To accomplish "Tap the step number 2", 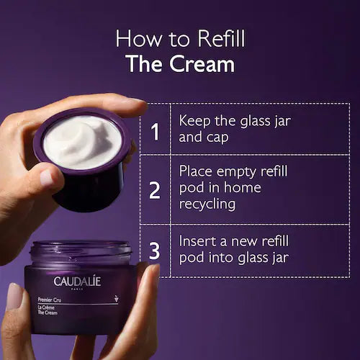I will pyautogui.click(x=154, y=190).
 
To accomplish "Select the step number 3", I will pyautogui.click(x=154, y=251).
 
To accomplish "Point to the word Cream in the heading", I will pyautogui.click(x=204, y=63).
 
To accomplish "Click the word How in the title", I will pyautogui.click(x=140, y=38).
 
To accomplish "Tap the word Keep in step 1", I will pyautogui.click(x=196, y=120).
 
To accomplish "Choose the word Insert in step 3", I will pyautogui.click(x=198, y=240).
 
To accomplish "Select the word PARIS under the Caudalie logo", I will pyautogui.click(x=78, y=289).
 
